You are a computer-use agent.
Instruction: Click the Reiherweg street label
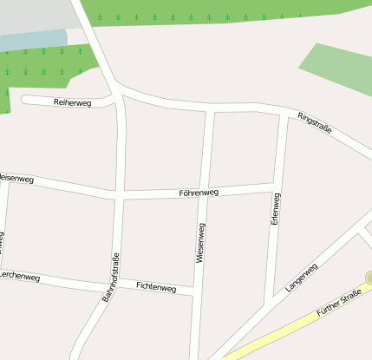click(72, 102)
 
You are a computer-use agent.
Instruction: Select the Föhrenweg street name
click(199, 193)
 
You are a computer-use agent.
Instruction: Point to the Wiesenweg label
click(201, 243)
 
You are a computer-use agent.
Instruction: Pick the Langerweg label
click(302, 276)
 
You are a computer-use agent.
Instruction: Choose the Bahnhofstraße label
click(110, 277)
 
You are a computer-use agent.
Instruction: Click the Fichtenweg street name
click(156, 287)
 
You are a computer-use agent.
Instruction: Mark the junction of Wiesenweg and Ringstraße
click(210, 108)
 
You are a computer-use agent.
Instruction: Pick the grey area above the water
click(35, 14)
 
